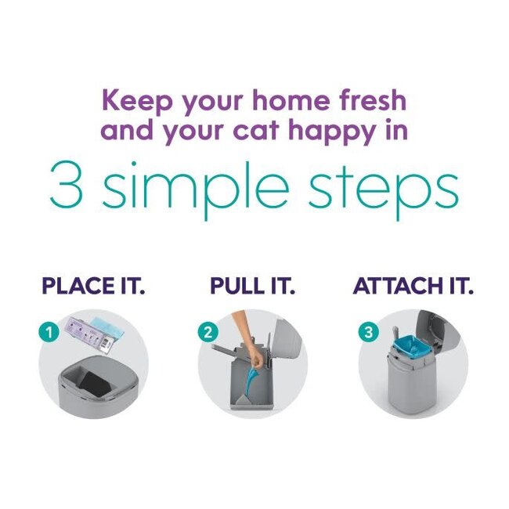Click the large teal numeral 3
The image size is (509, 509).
click(x=65, y=186)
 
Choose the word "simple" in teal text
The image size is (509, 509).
click(x=196, y=189)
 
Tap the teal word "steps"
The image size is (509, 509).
click(x=384, y=189)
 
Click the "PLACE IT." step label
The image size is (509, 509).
click(x=93, y=285)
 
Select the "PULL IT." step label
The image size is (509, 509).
click(x=253, y=285)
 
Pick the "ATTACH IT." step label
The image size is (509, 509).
click(x=413, y=285)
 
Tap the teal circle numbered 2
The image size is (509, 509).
click(x=208, y=332)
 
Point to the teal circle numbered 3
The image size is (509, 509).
click(x=368, y=332)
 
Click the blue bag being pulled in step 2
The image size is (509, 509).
click(x=253, y=384)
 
